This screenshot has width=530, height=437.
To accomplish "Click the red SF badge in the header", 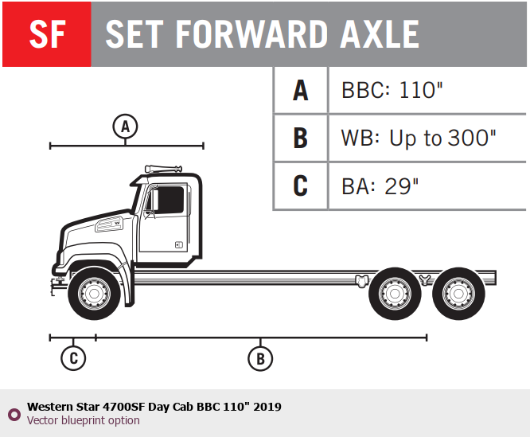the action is pyautogui.click(x=47, y=34).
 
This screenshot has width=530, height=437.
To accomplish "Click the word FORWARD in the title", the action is pyautogui.click(x=251, y=34).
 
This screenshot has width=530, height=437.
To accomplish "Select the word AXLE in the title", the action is pyautogui.click(x=380, y=34).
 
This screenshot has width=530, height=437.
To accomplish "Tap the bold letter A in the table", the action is pyautogui.click(x=301, y=90).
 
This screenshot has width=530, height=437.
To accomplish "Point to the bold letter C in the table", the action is pyautogui.click(x=301, y=185).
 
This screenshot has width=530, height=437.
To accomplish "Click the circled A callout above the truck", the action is pyautogui.click(x=125, y=127).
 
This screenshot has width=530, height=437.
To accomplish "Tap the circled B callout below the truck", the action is pyautogui.click(x=260, y=358).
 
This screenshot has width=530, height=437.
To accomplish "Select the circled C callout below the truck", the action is pyautogui.click(x=73, y=358).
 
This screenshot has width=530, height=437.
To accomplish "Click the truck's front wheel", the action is pyautogui.click(x=95, y=294).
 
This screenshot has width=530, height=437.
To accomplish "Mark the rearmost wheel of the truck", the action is pyautogui.click(x=458, y=294).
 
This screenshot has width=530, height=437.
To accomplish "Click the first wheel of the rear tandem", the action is pyautogui.click(x=395, y=294).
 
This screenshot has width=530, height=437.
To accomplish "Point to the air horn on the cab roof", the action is pyautogui.click(x=164, y=169).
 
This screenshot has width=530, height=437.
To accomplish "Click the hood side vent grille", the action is pyautogui.click(x=109, y=224).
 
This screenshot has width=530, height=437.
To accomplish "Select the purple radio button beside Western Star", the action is pyautogui.click(x=14, y=414).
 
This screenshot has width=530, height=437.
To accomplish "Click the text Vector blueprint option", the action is pyautogui.click(x=83, y=420).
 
